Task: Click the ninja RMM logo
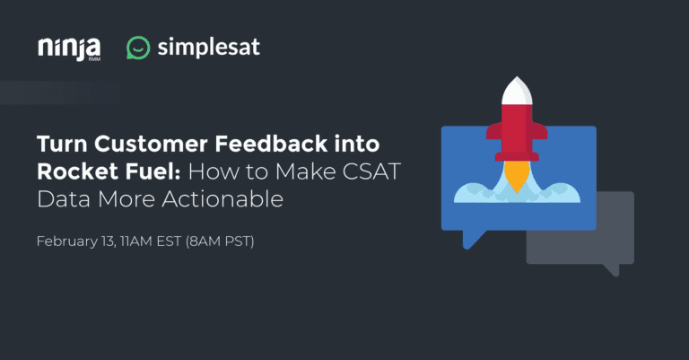click(x=69, y=48)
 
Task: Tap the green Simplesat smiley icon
click(x=138, y=48)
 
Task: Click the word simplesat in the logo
click(x=209, y=47)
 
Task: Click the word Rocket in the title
click(x=77, y=171)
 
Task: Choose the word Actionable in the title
click(x=222, y=198)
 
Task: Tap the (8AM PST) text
click(x=220, y=241)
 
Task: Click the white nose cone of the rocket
click(x=517, y=91)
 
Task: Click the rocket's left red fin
click(x=494, y=132)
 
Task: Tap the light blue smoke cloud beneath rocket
click(x=517, y=193)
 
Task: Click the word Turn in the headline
click(x=62, y=144)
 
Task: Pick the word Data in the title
click(x=65, y=198)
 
